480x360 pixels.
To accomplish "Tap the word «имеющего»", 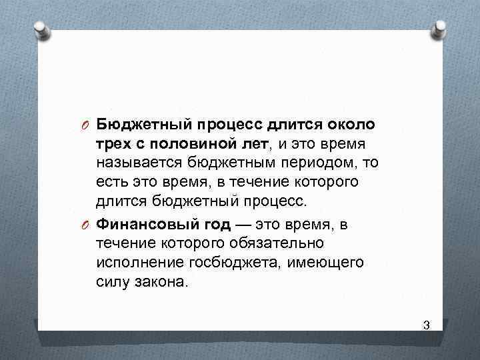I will click(326, 263).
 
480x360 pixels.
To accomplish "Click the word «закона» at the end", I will click(163, 282).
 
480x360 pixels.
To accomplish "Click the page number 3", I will click(426, 325).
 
